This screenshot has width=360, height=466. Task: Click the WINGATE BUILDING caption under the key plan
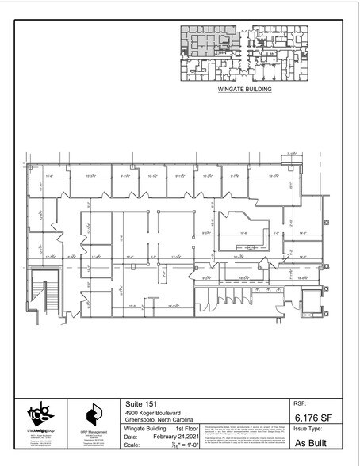click(x=245, y=90)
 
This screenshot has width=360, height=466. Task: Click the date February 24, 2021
click(x=175, y=437)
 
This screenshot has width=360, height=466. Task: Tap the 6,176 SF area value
click(x=312, y=416)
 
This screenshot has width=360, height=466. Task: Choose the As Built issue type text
click(x=310, y=446)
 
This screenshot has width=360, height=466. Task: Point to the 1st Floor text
click(x=187, y=429)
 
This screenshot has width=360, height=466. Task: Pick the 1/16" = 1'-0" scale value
click(x=178, y=445)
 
